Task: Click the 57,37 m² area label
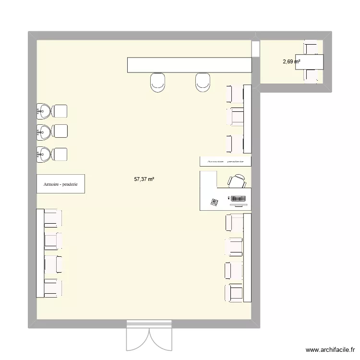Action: pos(144,179)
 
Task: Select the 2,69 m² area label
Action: pos(291,61)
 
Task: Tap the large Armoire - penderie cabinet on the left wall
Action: pos(60,184)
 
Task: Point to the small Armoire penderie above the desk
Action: pos(225,161)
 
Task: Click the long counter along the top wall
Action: pos(189,65)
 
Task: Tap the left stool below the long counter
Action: pos(158,82)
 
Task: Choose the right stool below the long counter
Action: pos(203,82)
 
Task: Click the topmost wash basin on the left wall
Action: pos(44,111)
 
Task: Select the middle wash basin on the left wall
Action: pos(44,131)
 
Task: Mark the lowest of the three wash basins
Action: pos(44,154)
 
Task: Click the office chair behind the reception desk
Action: pos(236,181)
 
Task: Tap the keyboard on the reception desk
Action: pos(238,198)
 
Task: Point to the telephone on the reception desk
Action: pos(214,203)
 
